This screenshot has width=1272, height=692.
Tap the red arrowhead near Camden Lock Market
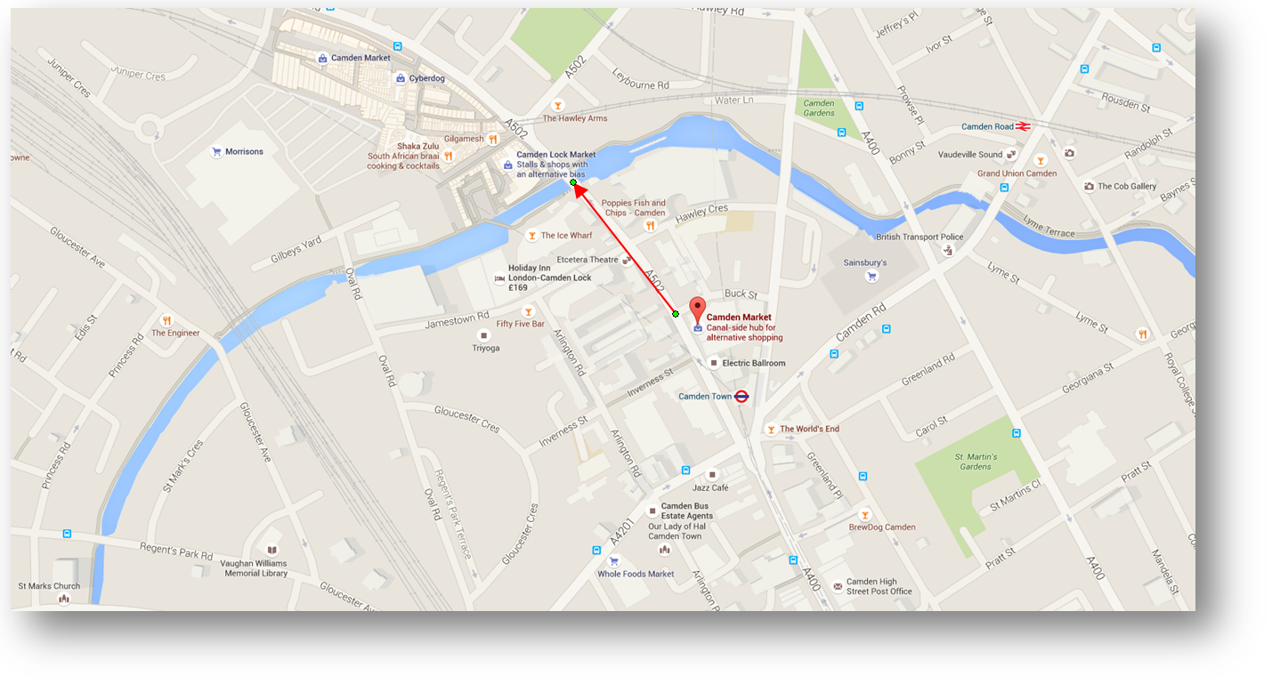578,189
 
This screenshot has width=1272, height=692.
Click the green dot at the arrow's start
676,314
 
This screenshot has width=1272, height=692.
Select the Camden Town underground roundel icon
741,397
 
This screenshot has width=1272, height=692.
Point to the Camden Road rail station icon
1024,126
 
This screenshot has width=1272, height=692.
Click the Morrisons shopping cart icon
215,152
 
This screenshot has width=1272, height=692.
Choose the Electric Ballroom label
753,363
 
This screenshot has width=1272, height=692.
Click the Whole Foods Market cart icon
613,561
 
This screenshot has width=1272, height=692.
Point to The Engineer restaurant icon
166,320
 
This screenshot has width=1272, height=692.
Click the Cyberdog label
426,78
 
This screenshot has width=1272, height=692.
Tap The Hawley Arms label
574,118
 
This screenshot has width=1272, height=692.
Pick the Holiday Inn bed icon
499,278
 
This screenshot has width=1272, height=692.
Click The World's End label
809,429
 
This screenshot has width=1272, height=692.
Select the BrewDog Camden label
881,527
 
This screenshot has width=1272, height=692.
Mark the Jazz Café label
710,487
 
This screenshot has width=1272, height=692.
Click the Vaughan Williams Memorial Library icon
272,551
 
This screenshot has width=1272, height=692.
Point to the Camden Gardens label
819,109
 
